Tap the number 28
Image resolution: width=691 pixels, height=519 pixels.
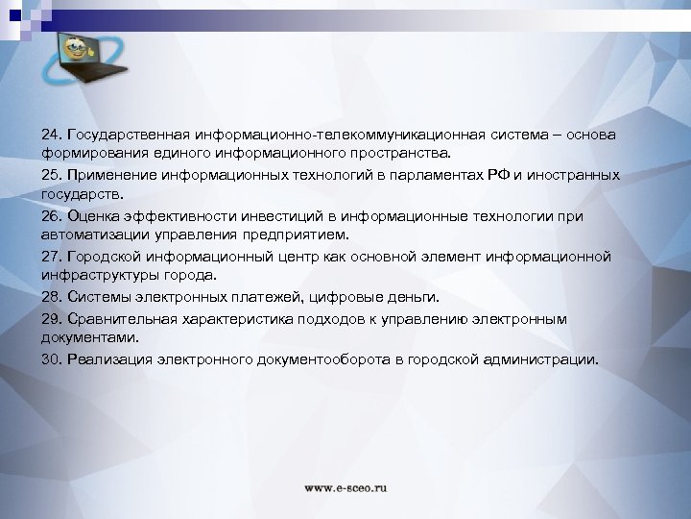(50, 297)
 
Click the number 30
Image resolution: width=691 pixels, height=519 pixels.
(50, 359)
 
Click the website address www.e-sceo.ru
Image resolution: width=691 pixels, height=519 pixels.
(346, 488)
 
